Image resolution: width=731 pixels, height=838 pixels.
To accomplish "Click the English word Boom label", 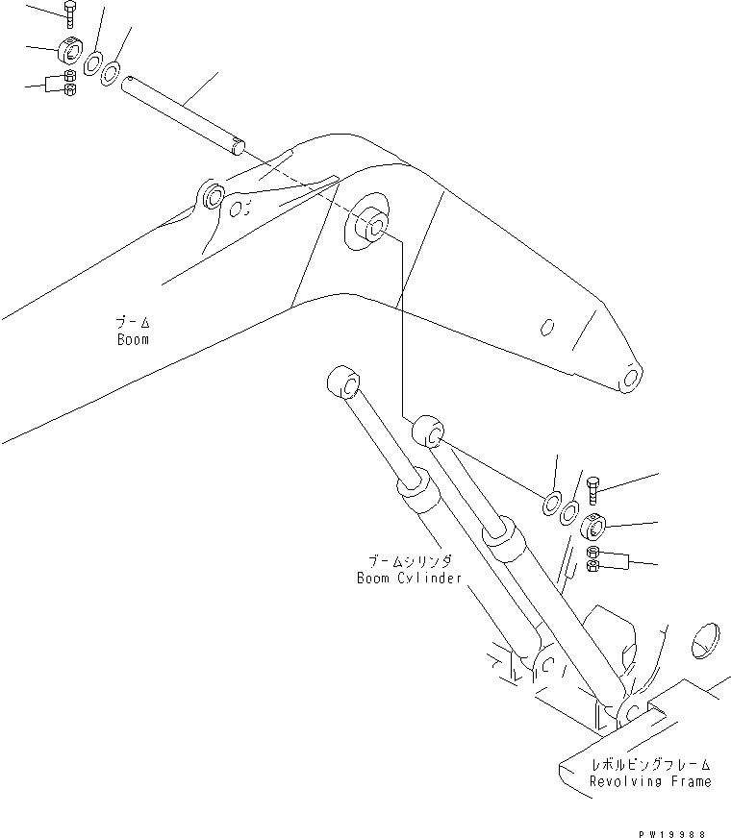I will pos(132,339).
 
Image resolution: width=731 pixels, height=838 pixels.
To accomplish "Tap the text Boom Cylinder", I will pos(409,579).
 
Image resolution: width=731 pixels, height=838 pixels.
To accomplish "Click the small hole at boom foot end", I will pos(631,379).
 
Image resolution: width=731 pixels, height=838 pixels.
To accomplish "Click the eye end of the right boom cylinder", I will pos(429,431).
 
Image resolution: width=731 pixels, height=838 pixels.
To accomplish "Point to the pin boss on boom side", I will pos(368,224).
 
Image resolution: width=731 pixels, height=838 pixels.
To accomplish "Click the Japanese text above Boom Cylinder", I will pos(409,561).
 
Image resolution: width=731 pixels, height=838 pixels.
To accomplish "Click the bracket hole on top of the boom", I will pos(214,198).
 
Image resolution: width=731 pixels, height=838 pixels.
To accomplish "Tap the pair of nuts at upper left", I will pos(69,84).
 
